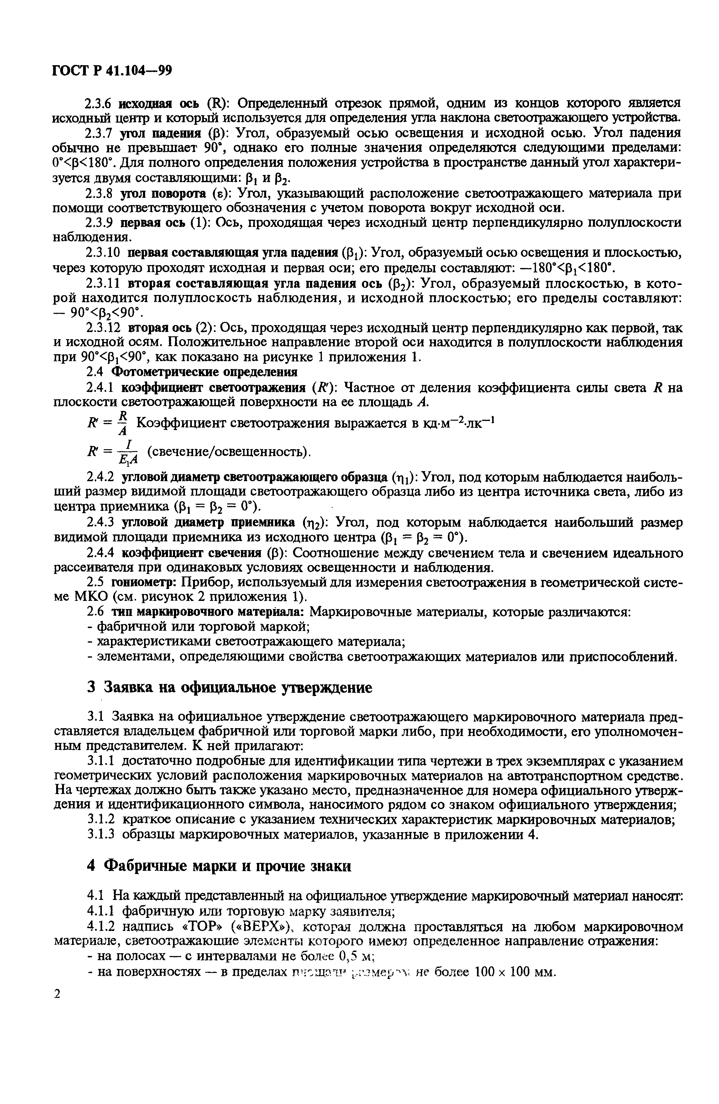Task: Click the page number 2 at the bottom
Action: [x=58, y=994]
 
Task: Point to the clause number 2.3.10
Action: [x=104, y=253]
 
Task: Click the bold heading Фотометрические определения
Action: [x=205, y=372]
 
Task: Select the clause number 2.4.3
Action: [x=102, y=523]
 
